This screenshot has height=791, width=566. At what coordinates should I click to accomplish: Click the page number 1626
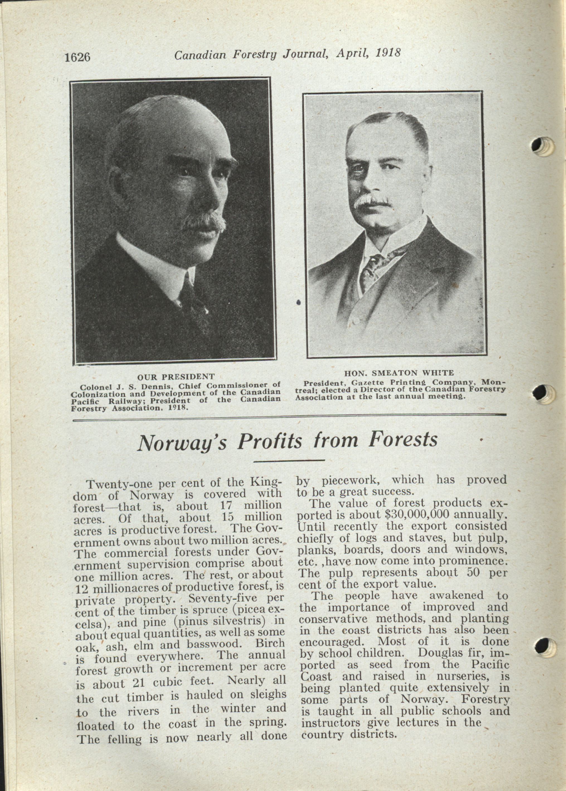77,57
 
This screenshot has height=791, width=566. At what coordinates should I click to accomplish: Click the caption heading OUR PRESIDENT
176,377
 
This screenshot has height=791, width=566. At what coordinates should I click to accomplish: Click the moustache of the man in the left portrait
204,223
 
